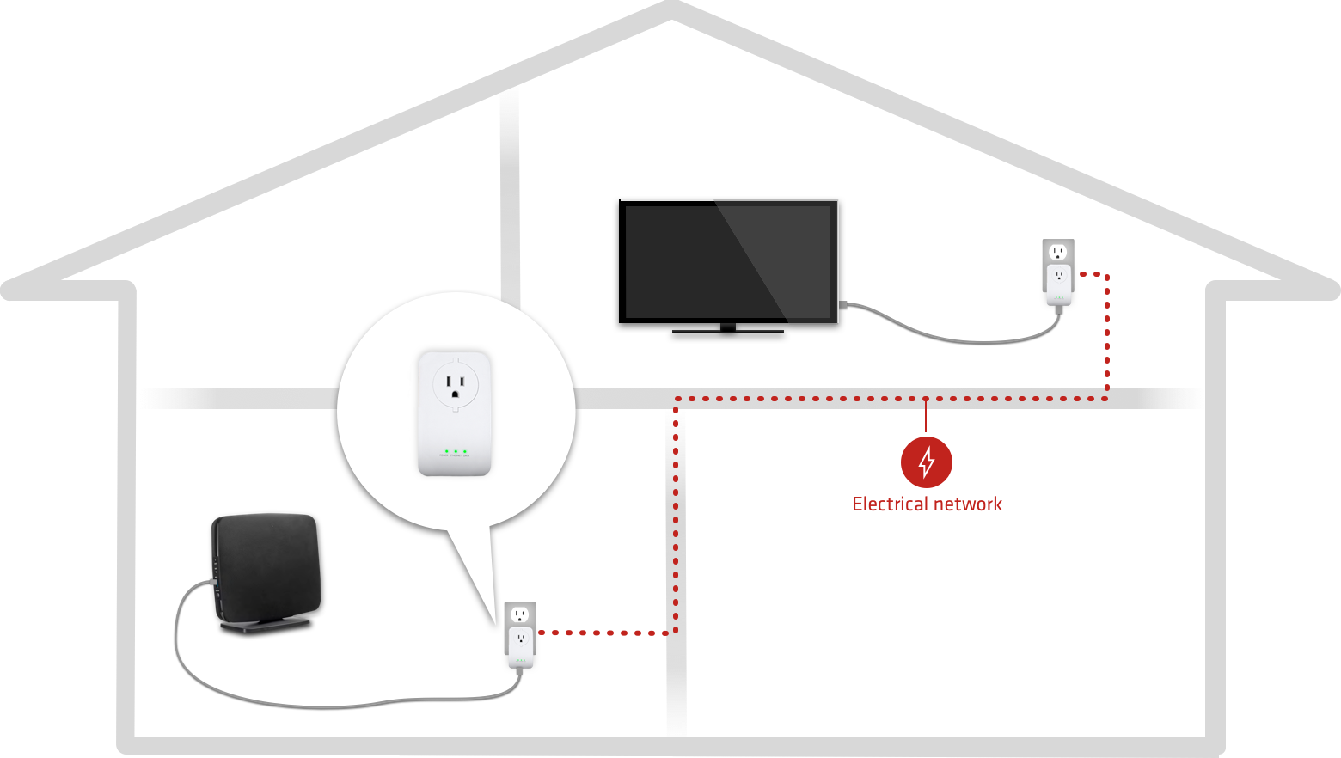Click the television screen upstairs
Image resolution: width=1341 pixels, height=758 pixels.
click(x=729, y=261)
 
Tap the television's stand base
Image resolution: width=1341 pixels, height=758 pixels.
click(x=728, y=328)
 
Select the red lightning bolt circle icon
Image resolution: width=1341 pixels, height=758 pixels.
click(x=926, y=462)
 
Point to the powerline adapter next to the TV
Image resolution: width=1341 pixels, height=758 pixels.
click(x=1058, y=284)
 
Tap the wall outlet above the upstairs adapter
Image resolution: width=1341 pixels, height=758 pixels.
click(x=1058, y=252)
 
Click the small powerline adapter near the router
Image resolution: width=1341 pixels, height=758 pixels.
click(x=520, y=647)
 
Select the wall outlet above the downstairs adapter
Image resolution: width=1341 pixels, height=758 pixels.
click(x=519, y=614)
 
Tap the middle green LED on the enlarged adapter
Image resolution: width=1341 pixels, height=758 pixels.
click(x=455, y=451)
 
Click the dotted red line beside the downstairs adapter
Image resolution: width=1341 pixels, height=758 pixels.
click(x=602, y=633)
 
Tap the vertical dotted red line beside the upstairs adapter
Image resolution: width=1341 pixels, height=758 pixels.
click(x=1107, y=335)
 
